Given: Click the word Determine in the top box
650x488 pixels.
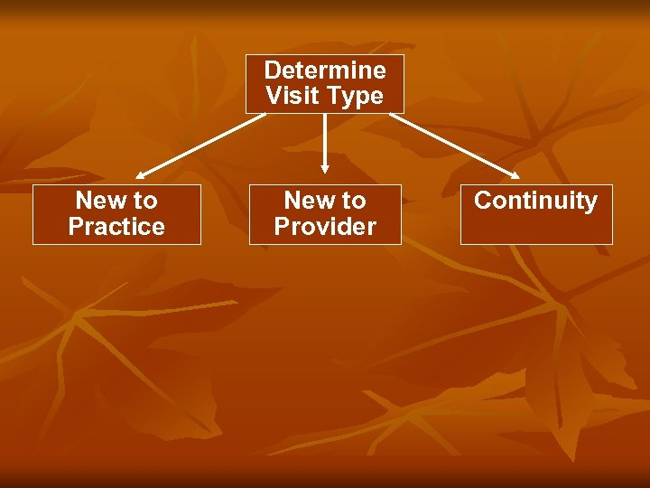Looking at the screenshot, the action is [325, 70].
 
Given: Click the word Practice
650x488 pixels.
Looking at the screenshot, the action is [116, 227].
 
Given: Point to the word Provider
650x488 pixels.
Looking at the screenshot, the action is [325, 227].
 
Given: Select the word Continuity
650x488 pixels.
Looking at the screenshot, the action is [535, 201].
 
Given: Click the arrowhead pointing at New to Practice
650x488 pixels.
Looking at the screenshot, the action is [142, 174].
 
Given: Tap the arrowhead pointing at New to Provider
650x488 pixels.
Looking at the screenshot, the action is [325, 168].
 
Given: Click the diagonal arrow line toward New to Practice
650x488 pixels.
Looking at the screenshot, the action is [203, 142].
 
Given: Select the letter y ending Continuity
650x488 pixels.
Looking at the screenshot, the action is [590, 202].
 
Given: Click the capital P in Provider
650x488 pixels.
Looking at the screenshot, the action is [283, 227].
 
